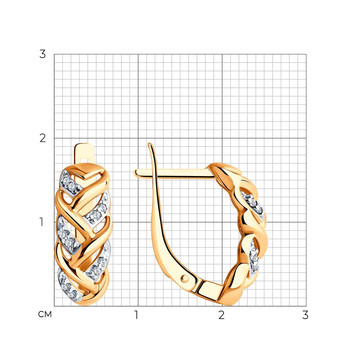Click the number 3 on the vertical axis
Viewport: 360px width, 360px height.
pos(42,54)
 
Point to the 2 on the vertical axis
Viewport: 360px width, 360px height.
pos(42,138)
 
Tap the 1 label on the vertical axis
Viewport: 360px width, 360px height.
pos(41,222)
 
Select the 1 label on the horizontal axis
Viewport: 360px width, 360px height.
pos(136,315)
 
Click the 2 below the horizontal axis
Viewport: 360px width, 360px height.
pos(221,315)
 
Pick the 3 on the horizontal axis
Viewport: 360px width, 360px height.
pos(305,315)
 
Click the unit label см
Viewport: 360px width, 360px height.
pos(45,314)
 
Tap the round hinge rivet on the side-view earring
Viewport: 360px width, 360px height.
pos(185,279)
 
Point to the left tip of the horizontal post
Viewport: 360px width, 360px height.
pos(135,173)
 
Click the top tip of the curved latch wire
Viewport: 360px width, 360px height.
pos(149,144)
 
